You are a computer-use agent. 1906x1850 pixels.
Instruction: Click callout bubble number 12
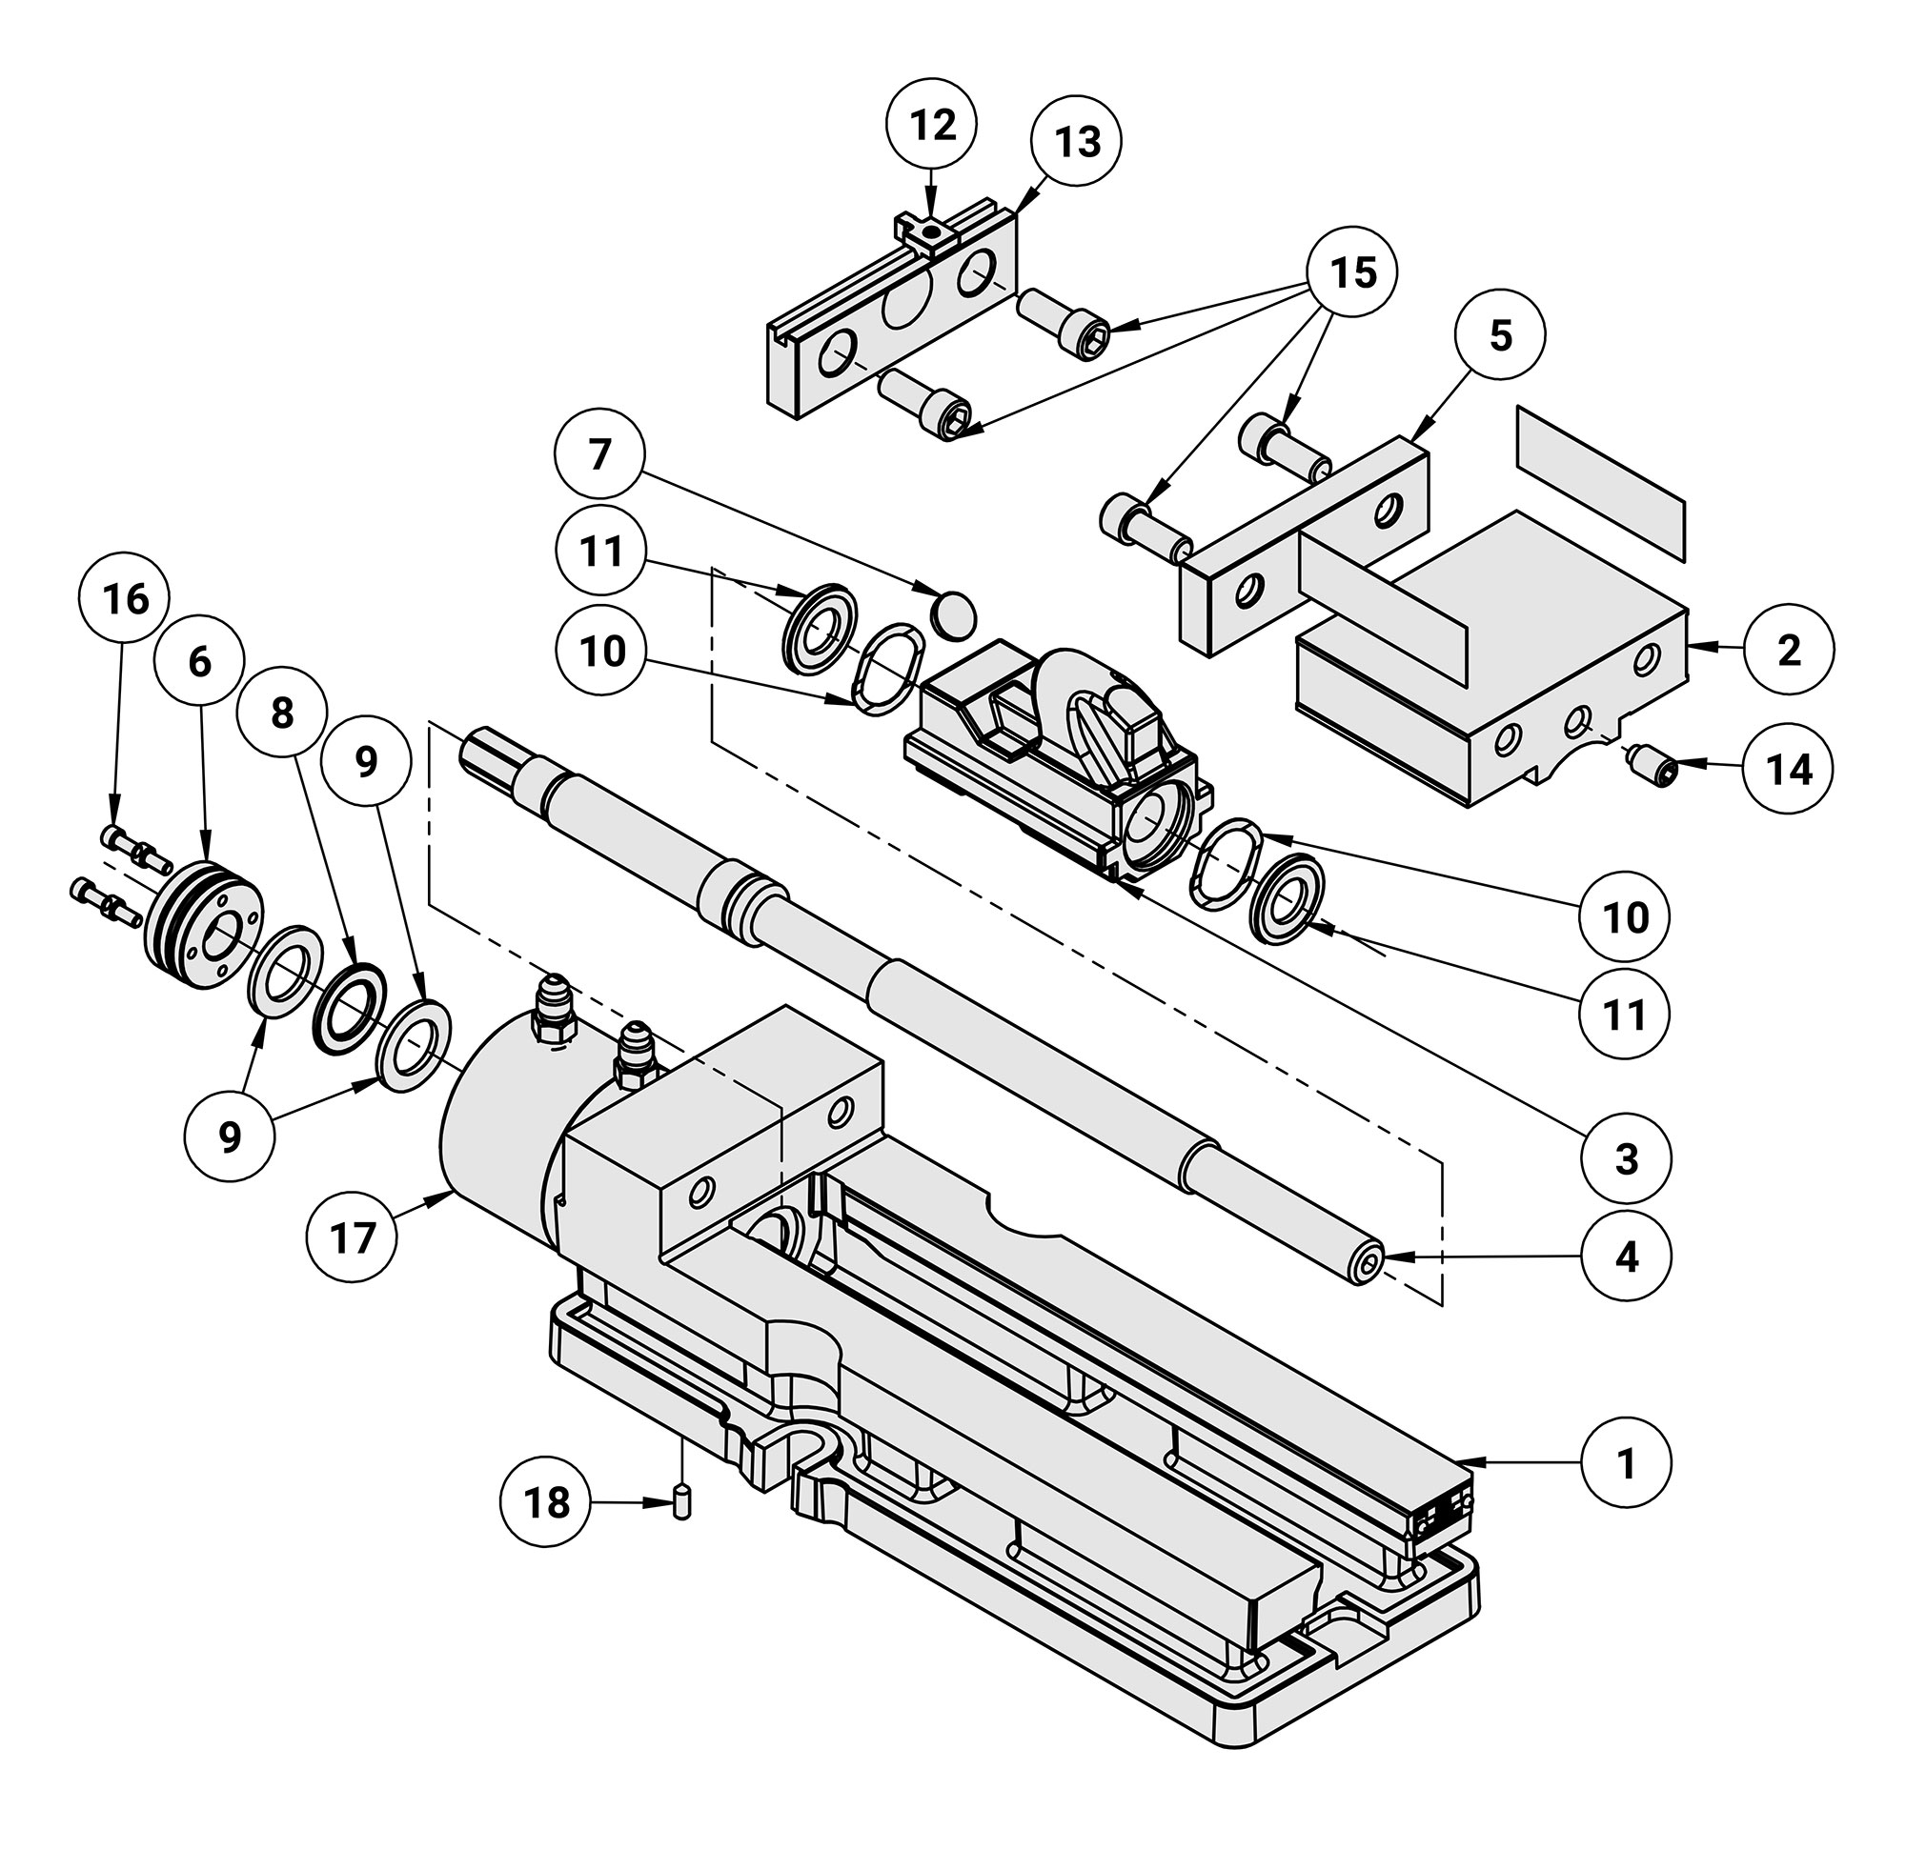pyautogui.click(x=933, y=125)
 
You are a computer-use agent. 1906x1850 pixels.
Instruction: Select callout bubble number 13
pyautogui.click(x=1077, y=142)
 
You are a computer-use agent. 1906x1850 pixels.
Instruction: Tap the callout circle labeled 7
pyautogui.click(x=600, y=455)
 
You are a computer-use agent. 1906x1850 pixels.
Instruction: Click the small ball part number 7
pyautogui.click(x=953, y=613)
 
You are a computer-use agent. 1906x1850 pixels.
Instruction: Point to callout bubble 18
pyautogui.click(x=546, y=1503)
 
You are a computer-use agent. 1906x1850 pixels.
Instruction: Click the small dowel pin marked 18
pyautogui.click(x=681, y=1503)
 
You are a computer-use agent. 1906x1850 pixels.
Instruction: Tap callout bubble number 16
pyautogui.click(x=127, y=600)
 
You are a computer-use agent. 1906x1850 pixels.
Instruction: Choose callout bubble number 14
pyautogui.click(x=1789, y=769)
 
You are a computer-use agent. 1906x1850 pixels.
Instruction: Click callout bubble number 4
pyautogui.click(x=1626, y=1257)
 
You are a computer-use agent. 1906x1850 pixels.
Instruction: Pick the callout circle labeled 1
pyautogui.click(x=1626, y=1462)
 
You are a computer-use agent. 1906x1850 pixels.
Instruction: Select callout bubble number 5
pyautogui.click(x=1499, y=335)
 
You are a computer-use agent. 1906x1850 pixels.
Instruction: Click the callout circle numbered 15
pyautogui.click(x=1352, y=272)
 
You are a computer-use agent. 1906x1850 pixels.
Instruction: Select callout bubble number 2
pyautogui.click(x=1789, y=650)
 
